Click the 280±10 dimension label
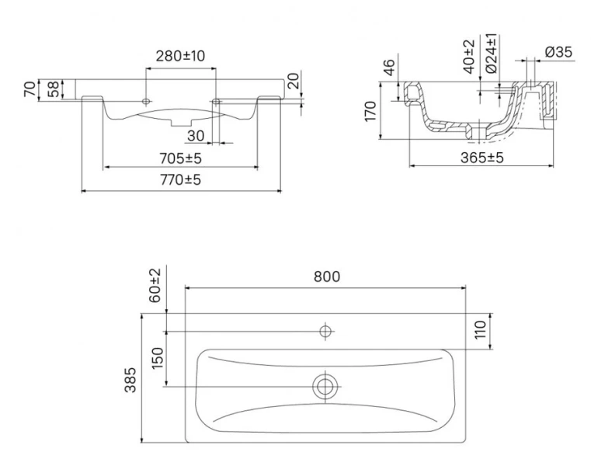pyautogui.click(x=181, y=56)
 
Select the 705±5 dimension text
pyautogui.click(x=181, y=158)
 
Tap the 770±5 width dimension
pyautogui.click(x=181, y=180)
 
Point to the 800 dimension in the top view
pyautogui.click(x=326, y=276)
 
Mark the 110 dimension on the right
pyautogui.click(x=481, y=330)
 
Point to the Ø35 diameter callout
pyautogui.click(x=558, y=52)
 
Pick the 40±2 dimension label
pyautogui.click(x=468, y=56)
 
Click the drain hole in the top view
pyautogui.click(x=325, y=386)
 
